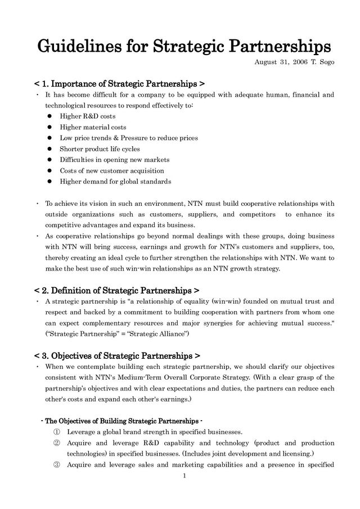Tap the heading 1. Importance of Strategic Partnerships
click(x=115, y=84)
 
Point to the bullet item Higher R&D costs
click(x=88, y=116)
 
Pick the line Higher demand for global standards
click(x=115, y=182)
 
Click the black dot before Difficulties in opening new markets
click(x=49, y=160)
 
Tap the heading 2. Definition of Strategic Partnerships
click(x=116, y=291)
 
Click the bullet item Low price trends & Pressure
click(x=129, y=138)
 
